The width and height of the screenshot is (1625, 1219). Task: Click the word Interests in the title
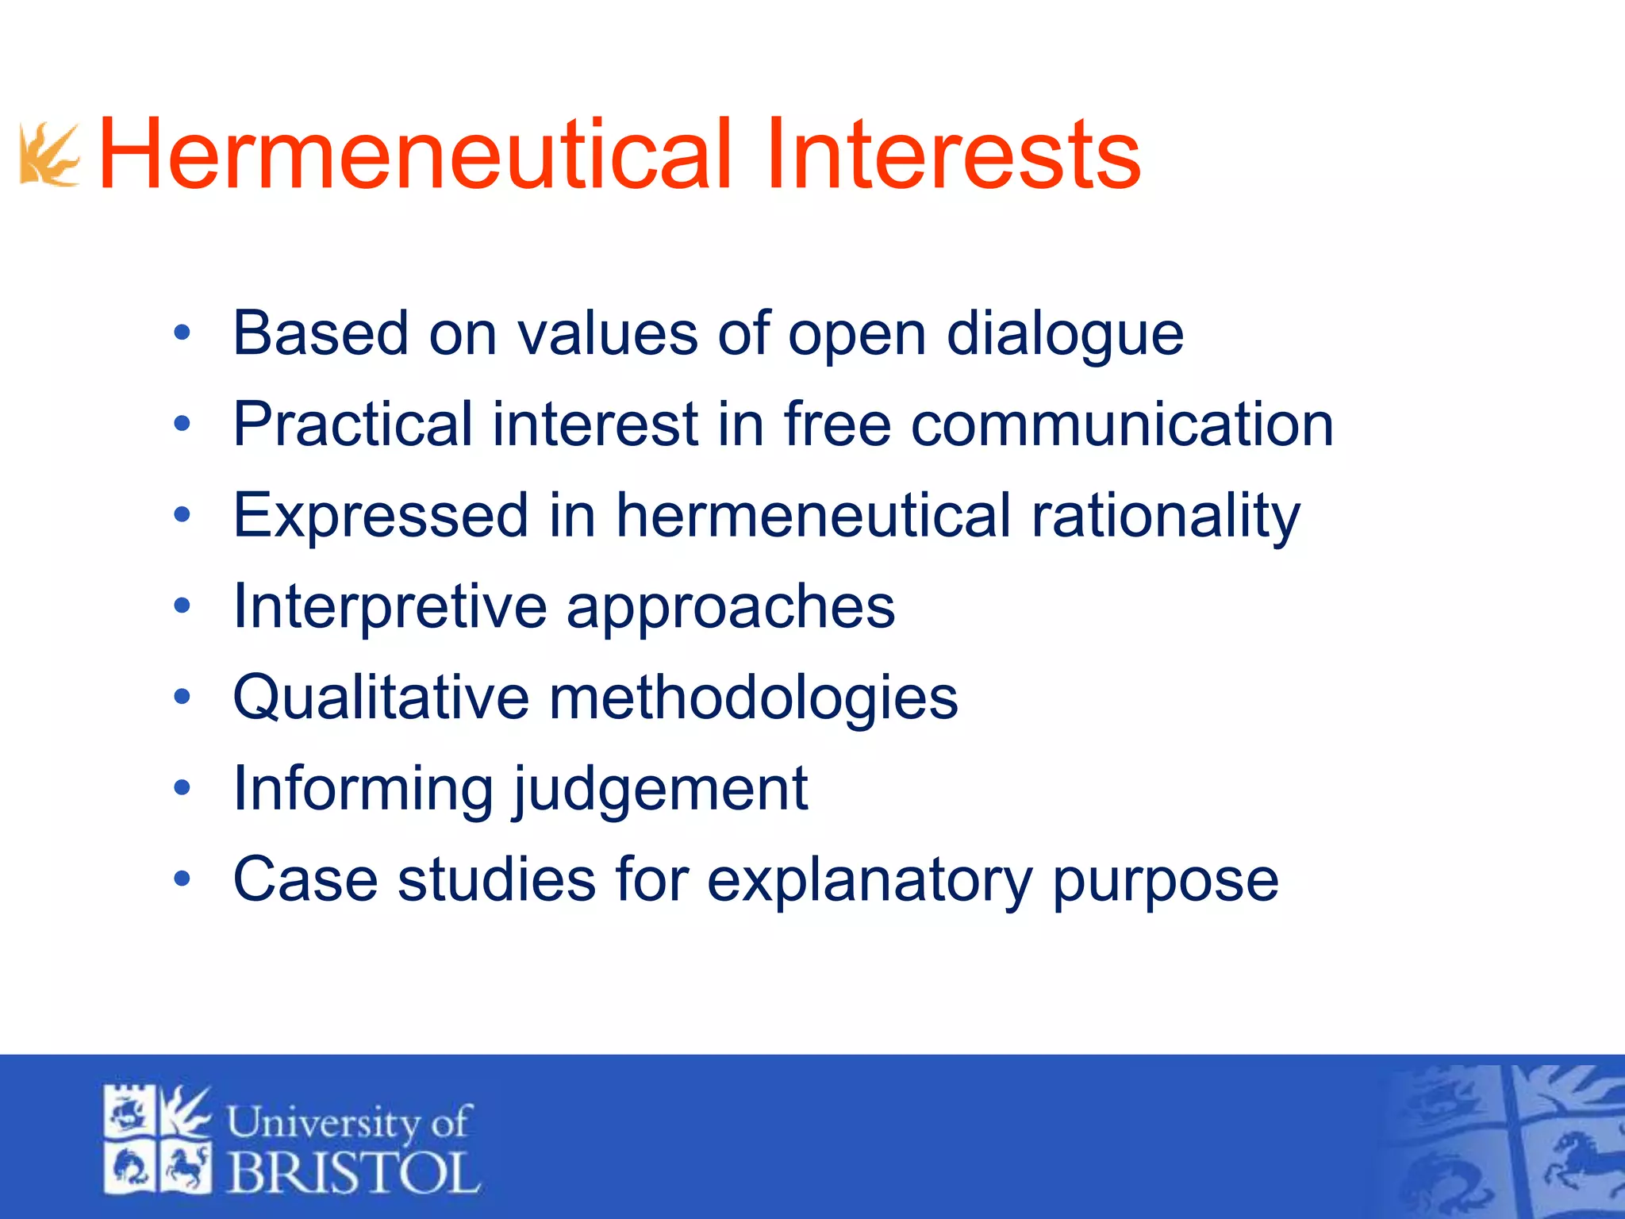[953, 154]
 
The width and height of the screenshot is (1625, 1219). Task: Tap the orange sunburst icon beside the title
[49, 155]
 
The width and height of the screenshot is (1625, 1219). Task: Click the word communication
[1122, 425]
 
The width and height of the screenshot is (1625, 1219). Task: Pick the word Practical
[352, 425]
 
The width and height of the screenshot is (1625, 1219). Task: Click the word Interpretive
[390, 608]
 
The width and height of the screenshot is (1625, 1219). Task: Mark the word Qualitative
[381, 698]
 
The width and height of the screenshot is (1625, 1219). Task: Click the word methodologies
[753, 698]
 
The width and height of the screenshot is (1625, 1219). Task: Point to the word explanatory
[870, 881]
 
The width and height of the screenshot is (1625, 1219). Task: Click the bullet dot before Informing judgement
[182, 788]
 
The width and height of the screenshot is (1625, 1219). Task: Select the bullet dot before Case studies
[182, 879]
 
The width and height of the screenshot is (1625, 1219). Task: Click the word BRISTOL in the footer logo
[354, 1172]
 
